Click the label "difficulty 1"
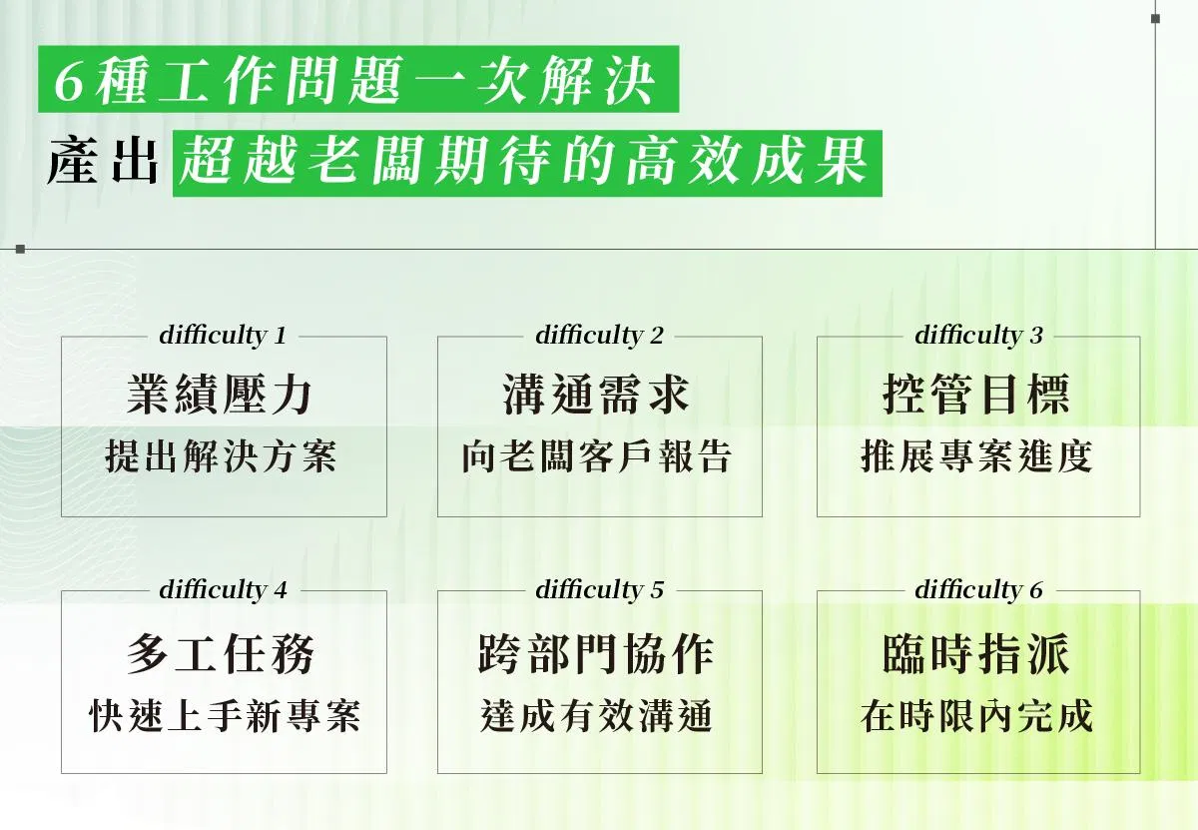pos(223,336)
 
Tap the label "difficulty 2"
pos(600,336)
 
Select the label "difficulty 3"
pos(978,336)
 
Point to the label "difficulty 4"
pos(223,590)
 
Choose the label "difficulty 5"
pos(600,590)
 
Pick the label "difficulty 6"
pos(978,590)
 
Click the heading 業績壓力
pos(220,394)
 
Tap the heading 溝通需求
pos(596,394)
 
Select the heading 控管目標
pos(976,394)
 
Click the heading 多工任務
pos(221,654)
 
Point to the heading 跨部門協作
pos(596,654)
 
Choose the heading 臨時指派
pos(976,654)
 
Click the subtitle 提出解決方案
pos(221,456)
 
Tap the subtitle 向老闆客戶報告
pos(597,456)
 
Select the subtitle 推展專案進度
pos(976,456)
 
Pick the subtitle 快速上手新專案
pos(225,716)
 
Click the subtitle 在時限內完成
pos(976,716)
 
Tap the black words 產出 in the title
pos(103,162)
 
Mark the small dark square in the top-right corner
pos(1155,19)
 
